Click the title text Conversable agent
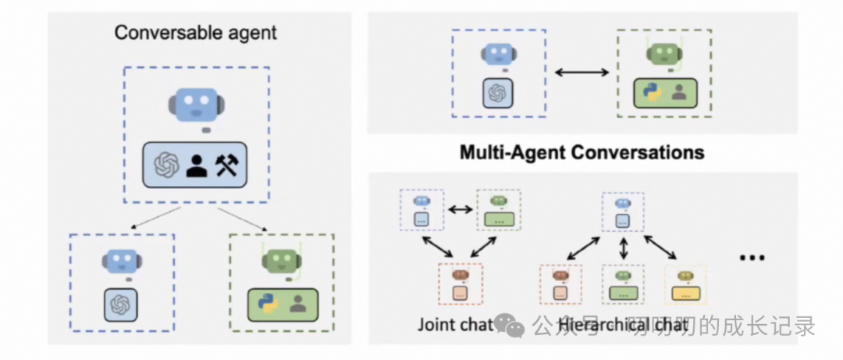point(195,33)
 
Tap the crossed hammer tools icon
point(226,165)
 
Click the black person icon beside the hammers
point(197,165)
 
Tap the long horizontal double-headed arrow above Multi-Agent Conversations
point(582,73)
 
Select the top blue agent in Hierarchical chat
point(622,212)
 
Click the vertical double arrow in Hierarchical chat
point(623,250)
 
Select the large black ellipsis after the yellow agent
point(751,257)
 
